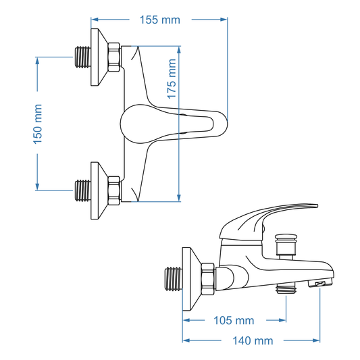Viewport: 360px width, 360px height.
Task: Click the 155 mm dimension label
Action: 160,20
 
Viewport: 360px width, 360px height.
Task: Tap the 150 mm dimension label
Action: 37,122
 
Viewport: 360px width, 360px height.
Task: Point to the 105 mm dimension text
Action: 234,319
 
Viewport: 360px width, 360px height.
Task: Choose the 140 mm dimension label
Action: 253,341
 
